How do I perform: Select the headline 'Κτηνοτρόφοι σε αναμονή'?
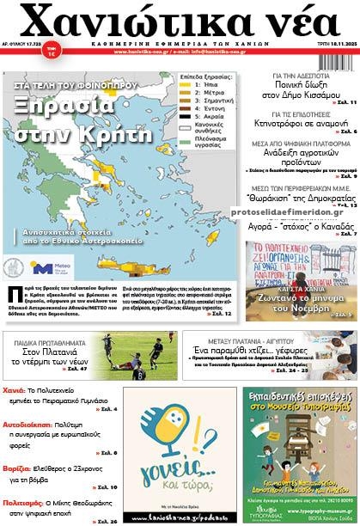309,122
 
